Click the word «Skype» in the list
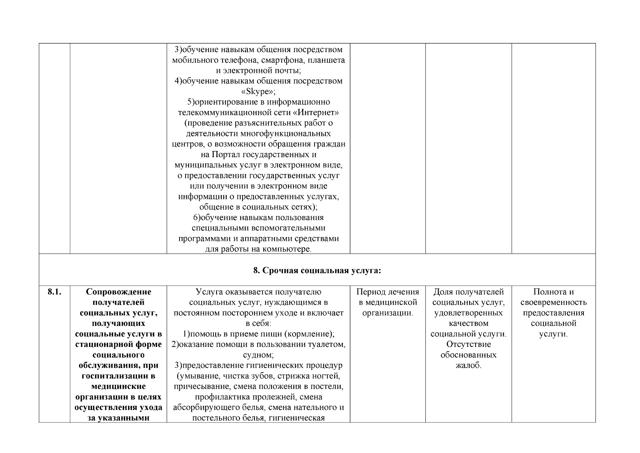258,92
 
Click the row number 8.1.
54,292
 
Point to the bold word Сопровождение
118,292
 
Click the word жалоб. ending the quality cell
468,365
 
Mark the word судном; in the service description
258,355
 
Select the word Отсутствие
468,344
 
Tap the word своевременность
553,302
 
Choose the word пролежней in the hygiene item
278,397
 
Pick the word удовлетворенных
468,313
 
